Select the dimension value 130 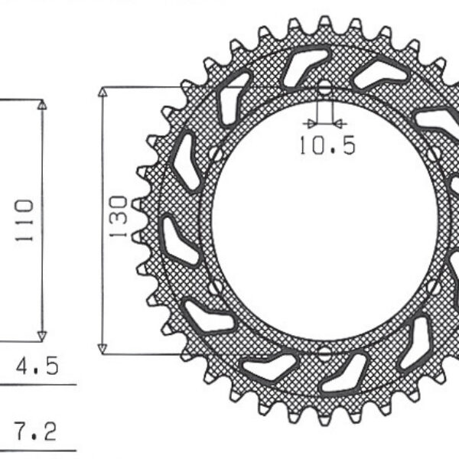pos(118,217)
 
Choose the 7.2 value pos(36,432)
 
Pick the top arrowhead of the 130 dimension pos(103,93)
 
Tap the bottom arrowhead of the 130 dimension pos(103,347)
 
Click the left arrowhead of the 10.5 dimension pos(311,122)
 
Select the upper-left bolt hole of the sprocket pos(216,154)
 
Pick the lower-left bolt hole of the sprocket pos(216,288)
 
